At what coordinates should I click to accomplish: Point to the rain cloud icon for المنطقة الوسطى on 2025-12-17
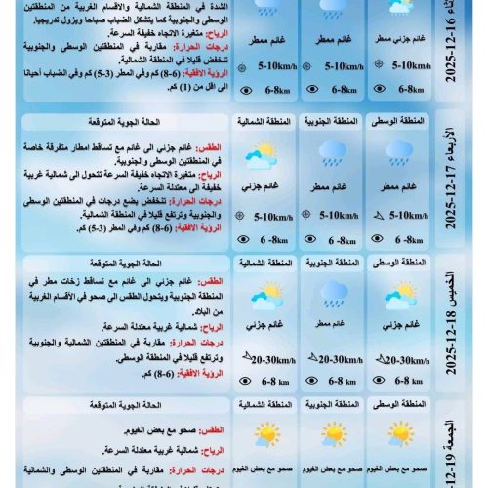[397, 151]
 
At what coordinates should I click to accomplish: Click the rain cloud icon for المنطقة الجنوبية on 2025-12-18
[333, 293]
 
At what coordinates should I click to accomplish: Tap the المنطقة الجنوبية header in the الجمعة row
[333, 403]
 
